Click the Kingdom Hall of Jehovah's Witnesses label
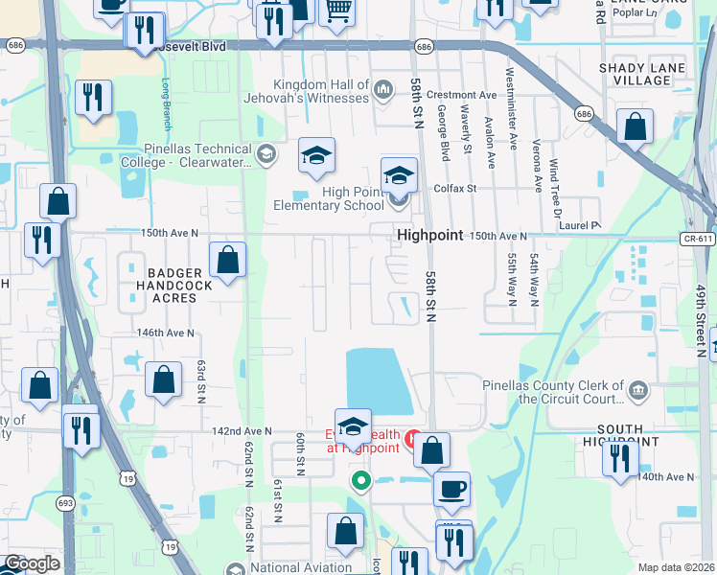[x=320, y=91]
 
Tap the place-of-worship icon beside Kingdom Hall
[x=383, y=91]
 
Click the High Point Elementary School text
[x=328, y=198]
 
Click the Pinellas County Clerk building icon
[x=637, y=390]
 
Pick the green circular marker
[x=360, y=480]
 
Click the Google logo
[x=31, y=563]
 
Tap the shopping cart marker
[x=336, y=11]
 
